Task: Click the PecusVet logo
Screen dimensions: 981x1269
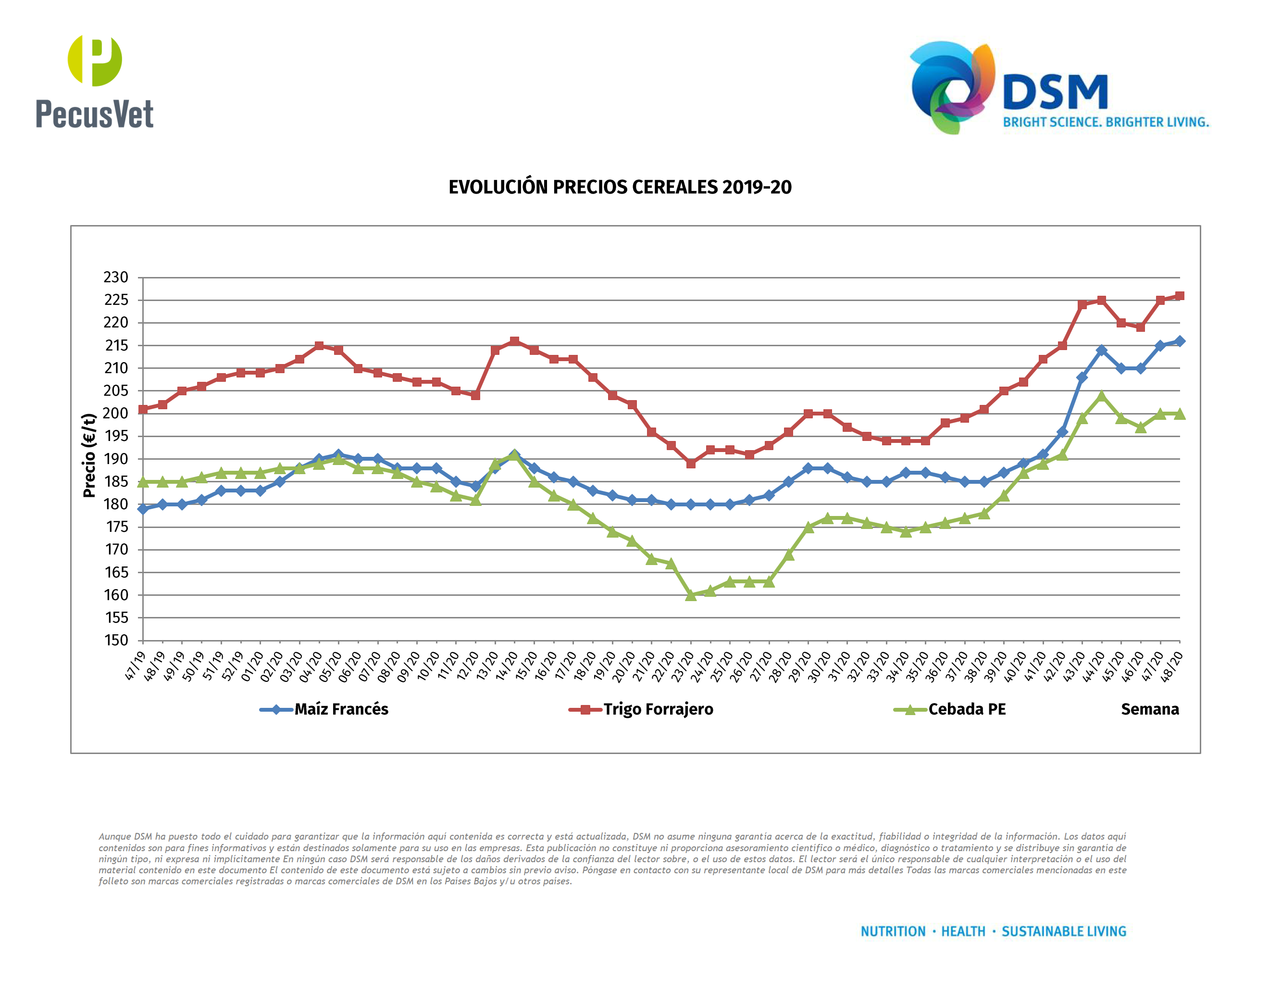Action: coord(95,81)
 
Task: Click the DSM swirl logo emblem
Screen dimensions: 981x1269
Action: coord(951,87)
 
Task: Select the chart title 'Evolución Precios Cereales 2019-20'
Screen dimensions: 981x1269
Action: coord(620,187)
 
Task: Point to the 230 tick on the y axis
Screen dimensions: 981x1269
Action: coord(116,277)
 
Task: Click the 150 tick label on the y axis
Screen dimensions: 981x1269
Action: coord(116,640)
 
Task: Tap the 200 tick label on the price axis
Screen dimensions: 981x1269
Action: coord(116,413)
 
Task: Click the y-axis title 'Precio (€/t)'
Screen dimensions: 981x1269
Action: coord(88,455)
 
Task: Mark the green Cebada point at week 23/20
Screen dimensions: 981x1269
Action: coord(691,595)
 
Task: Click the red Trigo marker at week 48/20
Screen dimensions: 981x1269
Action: coord(1180,296)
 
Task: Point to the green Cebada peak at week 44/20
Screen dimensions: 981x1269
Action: coord(1101,396)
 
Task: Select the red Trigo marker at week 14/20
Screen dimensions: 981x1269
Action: coord(515,341)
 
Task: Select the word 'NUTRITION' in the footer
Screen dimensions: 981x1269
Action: coord(893,931)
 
